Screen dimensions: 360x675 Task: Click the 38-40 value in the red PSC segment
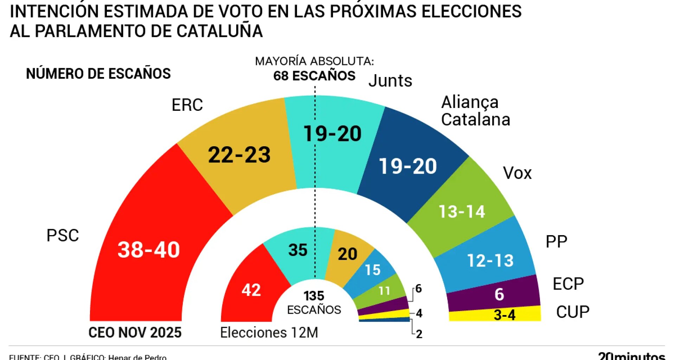pos(149,250)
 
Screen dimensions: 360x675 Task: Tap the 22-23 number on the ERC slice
pos(239,155)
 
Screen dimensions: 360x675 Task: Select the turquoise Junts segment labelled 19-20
pos(332,134)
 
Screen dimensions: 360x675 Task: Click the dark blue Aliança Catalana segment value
pos(408,166)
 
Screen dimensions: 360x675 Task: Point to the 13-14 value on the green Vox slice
pos(462,212)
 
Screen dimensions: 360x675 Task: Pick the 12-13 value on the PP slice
pos(490,261)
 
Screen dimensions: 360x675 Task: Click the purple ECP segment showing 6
pos(499,294)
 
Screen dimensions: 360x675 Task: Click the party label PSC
pos(63,235)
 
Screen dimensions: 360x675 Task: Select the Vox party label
pos(517,173)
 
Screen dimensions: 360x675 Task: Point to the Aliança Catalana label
pos(475,111)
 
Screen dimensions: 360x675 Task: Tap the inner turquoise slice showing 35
pos(298,250)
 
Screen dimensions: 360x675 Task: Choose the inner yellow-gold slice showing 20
pos(347,254)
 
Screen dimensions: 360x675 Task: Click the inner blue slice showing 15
pos(373,270)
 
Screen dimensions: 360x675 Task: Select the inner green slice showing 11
pos(384,291)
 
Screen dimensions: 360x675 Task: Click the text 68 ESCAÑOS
pos(314,76)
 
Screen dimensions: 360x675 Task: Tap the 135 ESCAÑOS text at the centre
pos(314,302)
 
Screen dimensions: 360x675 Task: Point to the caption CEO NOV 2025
pos(135,332)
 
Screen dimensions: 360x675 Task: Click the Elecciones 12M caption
pos(269,332)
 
